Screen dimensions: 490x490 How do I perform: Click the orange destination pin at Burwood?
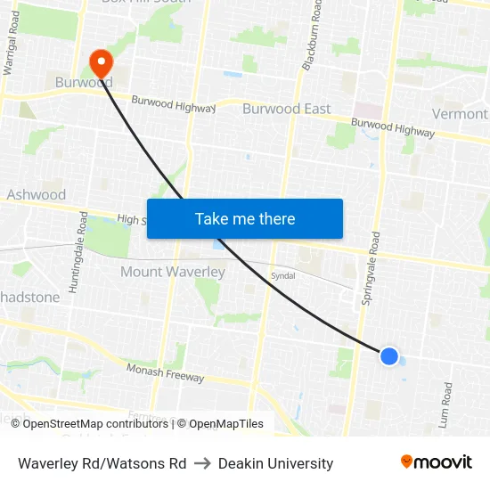pyautogui.click(x=102, y=62)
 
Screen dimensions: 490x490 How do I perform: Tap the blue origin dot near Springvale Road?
pyautogui.click(x=389, y=356)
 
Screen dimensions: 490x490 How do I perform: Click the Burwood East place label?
pyautogui.click(x=286, y=109)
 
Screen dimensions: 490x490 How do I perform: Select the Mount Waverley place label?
pyautogui.click(x=172, y=272)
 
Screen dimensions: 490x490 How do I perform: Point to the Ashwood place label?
pyautogui.click(x=37, y=194)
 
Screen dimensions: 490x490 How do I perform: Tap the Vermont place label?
pyautogui.click(x=460, y=114)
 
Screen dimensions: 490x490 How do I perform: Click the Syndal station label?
pyautogui.click(x=282, y=277)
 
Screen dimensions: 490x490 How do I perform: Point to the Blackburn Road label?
pyautogui.click(x=311, y=36)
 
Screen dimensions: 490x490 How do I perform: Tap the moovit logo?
pyautogui.click(x=436, y=461)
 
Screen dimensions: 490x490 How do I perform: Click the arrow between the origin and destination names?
pyautogui.click(x=201, y=463)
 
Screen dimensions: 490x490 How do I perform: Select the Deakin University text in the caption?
pyautogui.click(x=275, y=463)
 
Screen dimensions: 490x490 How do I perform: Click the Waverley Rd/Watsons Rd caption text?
pyautogui.click(x=102, y=463)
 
